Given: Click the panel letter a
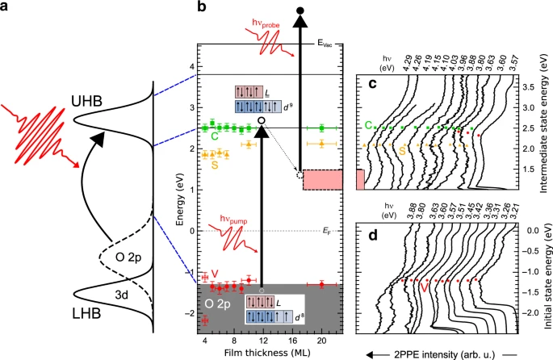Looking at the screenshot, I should click(x=6, y=7).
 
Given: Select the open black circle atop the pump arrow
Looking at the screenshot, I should click(x=261, y=120).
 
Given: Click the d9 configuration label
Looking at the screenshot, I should click(x=280, y=106).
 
